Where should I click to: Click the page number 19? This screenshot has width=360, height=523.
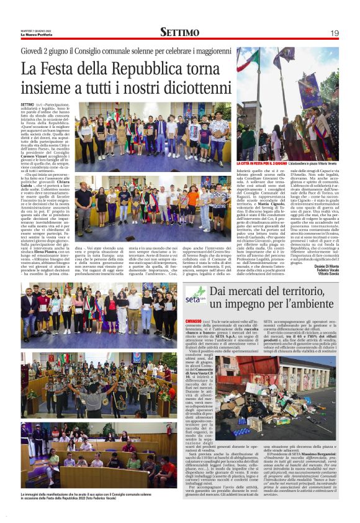coord(335,32)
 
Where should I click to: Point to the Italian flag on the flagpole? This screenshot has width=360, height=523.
coord(250,62)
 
